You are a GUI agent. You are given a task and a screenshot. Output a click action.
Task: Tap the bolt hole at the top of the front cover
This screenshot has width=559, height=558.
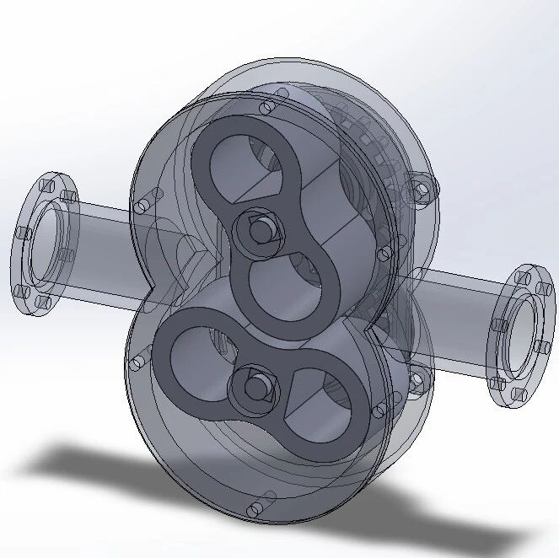tap(268, 107)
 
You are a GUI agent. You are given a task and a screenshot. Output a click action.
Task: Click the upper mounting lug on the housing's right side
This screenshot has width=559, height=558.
tap(420, 189)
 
